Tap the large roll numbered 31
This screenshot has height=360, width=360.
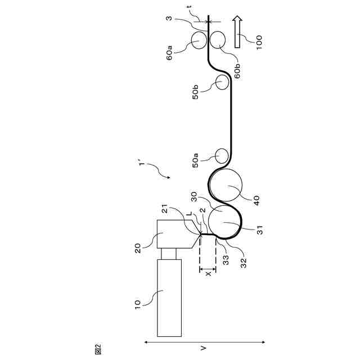coord(223,223)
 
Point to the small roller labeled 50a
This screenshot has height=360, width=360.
coord(222,155)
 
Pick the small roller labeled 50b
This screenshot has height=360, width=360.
coord(221,83)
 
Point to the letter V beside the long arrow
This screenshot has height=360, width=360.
coord(204,348)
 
